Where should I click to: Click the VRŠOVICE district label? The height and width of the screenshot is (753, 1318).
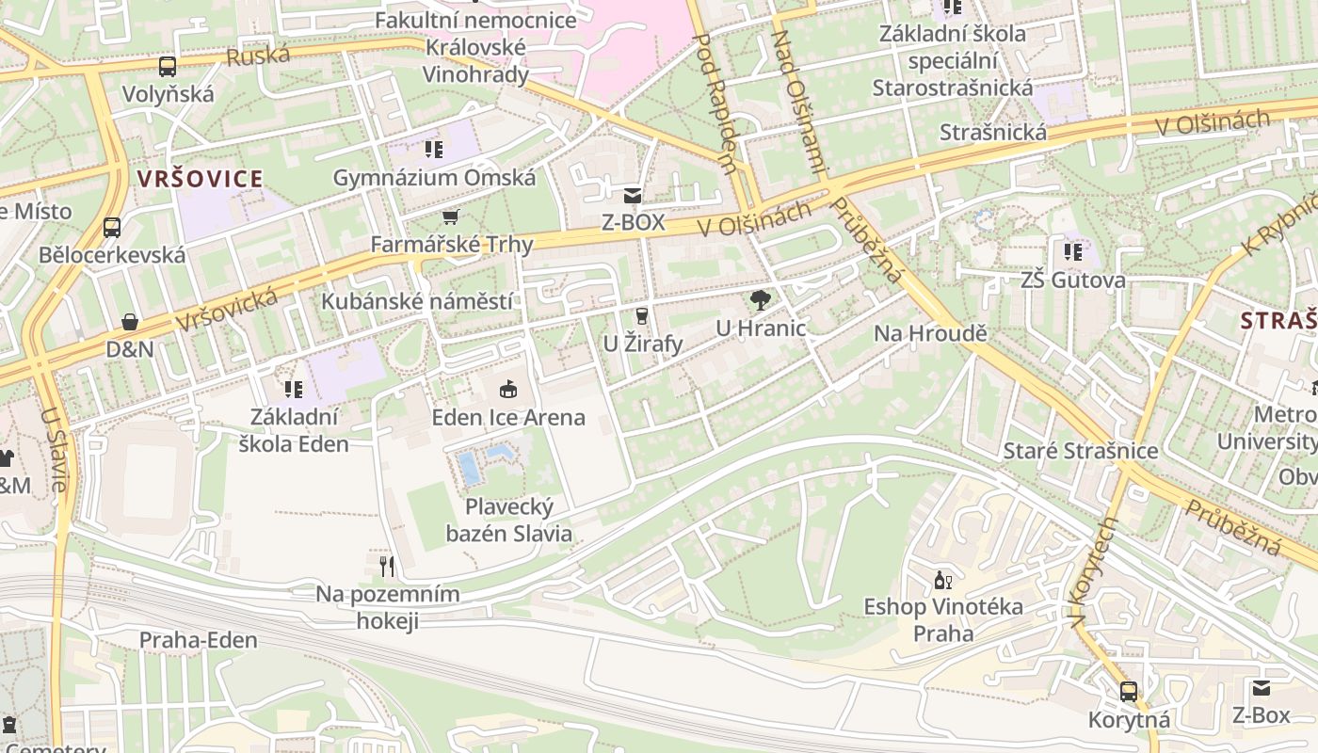(x=200, y=178)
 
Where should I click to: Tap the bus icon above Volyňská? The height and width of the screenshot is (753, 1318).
(x=168, y=67)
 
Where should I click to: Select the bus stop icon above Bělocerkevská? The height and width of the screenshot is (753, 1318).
(x=112, y=227)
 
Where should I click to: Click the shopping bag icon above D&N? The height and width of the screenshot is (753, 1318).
(x=130, y=322)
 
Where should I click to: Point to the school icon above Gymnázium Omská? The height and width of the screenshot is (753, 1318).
(x=433, y=149)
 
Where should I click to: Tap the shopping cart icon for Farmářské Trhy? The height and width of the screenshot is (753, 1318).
(x=451, y=217)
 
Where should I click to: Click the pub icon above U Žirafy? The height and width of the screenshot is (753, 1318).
(x=642, y=315)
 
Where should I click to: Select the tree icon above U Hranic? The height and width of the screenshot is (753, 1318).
(x=761, y=300)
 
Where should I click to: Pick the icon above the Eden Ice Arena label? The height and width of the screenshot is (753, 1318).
(x=508, y=388)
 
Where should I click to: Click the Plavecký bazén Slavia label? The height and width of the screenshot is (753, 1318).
(x=508, y=521)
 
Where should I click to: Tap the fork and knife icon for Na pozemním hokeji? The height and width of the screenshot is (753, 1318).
(x=387, y=566)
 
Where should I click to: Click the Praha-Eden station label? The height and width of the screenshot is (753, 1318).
(x=198, y=641)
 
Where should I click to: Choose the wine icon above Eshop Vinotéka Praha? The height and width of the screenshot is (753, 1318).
(x=942, y=580)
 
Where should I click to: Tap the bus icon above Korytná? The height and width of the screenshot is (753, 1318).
(x=1129, y=692)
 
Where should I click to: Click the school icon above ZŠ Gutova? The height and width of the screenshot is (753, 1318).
(x=1073, y=251)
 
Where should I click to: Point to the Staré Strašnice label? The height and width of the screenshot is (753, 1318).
(x=1081, y=451)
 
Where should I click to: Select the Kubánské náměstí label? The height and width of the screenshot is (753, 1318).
(x=417, y=301)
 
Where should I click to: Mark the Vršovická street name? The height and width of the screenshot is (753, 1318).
(x=226, y=311)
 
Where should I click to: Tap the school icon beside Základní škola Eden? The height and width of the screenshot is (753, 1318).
(x=294, y=389)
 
